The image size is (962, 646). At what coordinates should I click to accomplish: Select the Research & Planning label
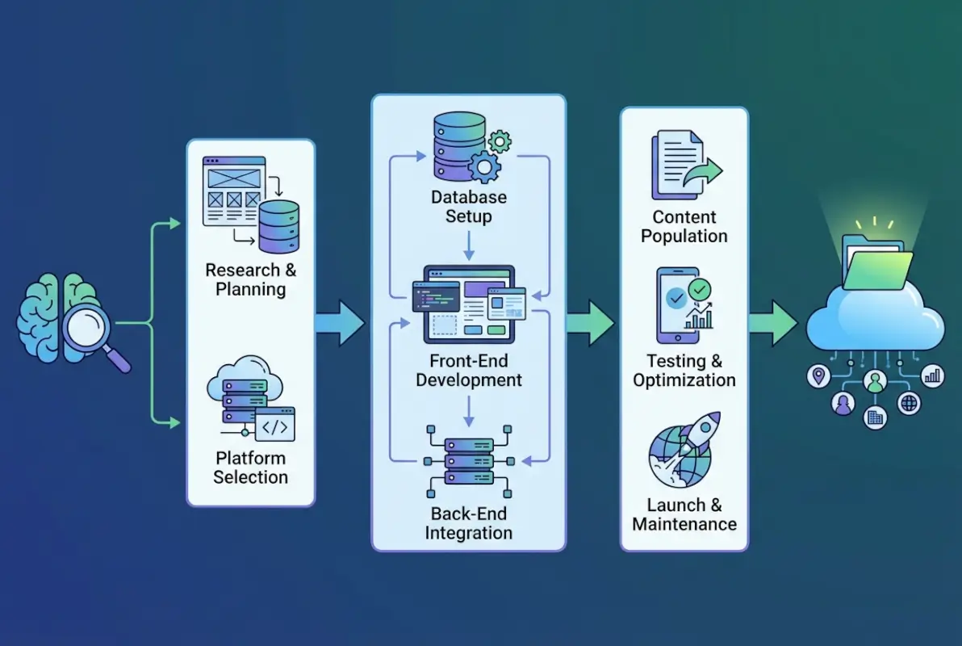[250, 279]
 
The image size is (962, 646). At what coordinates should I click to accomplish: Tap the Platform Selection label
[250, 468]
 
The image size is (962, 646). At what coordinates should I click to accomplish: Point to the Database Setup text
[469, 207]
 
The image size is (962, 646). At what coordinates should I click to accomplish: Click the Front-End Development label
[469, 371]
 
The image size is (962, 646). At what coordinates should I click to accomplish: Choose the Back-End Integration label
[469, 523]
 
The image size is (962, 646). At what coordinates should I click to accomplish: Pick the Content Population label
[684, 227]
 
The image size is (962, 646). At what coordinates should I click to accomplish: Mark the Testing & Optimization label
[684, 371]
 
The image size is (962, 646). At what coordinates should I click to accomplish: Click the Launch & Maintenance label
[684, 514]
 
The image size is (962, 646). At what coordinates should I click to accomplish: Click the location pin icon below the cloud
[818, 375]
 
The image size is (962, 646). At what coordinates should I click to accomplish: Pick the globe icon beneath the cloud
[909, 403]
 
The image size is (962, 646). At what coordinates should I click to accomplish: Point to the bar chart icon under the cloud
[933, 375]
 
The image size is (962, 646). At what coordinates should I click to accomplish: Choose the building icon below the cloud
[876, 417]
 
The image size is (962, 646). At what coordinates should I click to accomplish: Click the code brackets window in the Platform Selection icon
[274, 424]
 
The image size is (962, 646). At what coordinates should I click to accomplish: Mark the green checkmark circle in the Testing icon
[700, 287]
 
